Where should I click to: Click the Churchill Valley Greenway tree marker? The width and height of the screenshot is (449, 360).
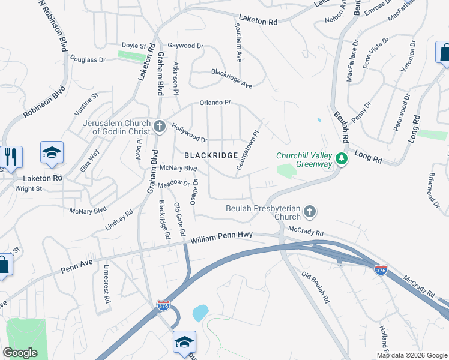click(342, 159)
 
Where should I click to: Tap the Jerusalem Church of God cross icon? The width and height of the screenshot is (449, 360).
click(159, 126)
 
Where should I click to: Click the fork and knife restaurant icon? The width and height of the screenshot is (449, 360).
click(11, 157)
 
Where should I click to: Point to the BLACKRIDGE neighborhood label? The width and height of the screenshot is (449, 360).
click(211, 155)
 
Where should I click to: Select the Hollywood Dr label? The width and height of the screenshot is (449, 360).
click(189, 133)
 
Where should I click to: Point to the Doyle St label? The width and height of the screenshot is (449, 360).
click(134, 46)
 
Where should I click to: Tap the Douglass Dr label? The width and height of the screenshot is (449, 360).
click(88, 59)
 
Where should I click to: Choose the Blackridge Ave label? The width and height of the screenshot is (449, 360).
click(231, 79)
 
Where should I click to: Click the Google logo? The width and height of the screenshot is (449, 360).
click(20, 352)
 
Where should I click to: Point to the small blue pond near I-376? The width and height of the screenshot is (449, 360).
click(200, 313)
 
